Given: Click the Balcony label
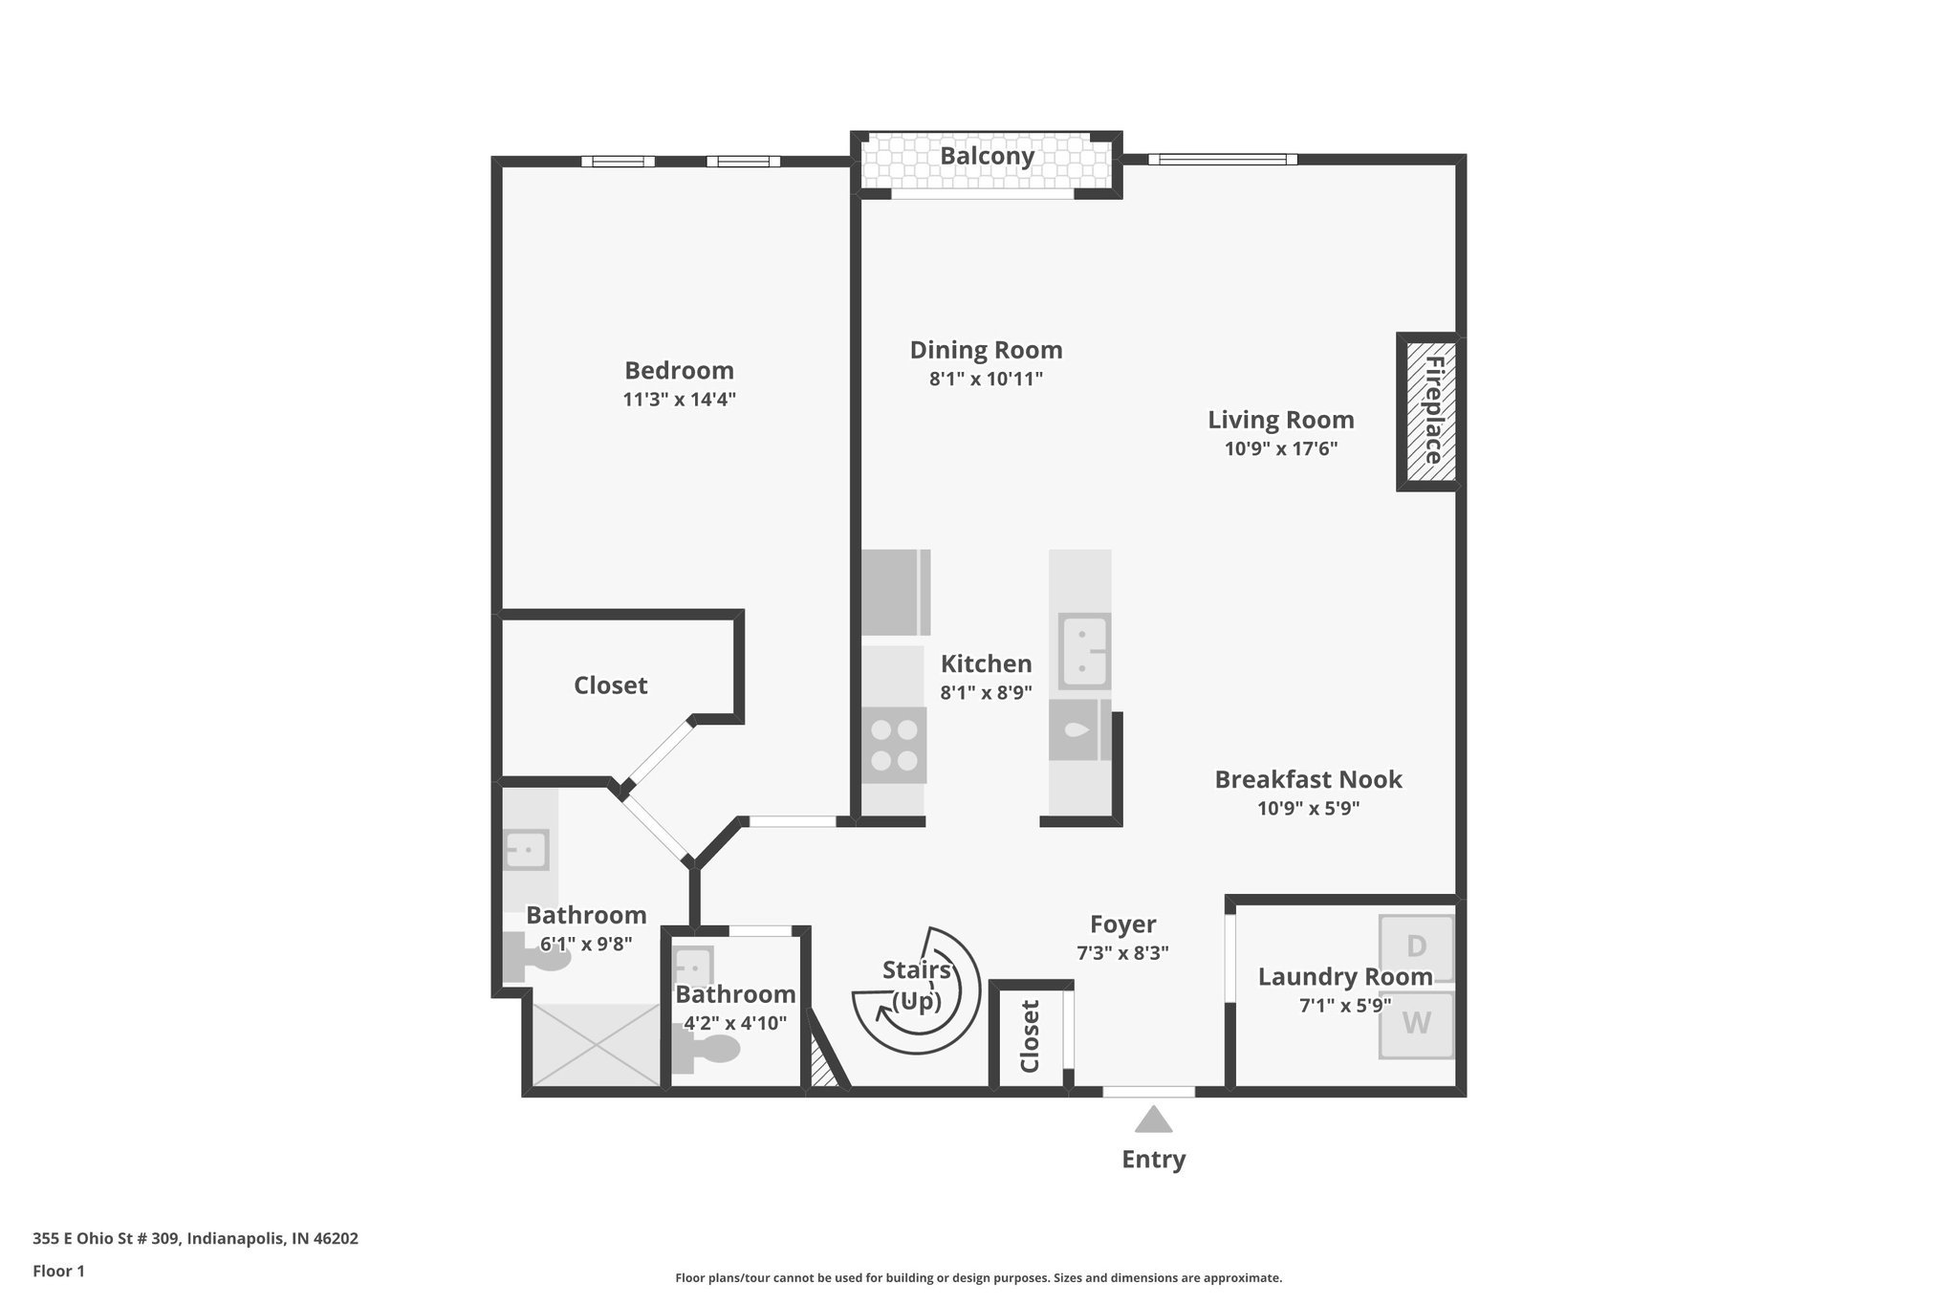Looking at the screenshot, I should click(987, 156).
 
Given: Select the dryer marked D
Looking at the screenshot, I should click(1416, 946).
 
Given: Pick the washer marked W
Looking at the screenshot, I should click(1416, 1024).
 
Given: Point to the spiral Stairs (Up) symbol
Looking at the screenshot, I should click(916, 990).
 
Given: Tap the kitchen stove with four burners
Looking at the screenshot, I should click(894, 746).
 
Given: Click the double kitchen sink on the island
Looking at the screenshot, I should click(1084, 650).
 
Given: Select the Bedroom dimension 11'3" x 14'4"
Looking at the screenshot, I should click(679, 400).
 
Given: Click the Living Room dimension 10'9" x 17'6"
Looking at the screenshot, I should click(1280, 448).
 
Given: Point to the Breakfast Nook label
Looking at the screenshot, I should click(1308, 779).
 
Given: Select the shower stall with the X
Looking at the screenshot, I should click(595, 1044).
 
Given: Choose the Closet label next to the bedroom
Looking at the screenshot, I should click(610, 685).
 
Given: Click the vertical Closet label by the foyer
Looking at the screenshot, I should click(1030, 1036).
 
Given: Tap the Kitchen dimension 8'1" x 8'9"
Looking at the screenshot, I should click(986, 693).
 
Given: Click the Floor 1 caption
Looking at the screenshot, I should click(58, 1272).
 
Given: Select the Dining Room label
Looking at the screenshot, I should click(986, 350).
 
